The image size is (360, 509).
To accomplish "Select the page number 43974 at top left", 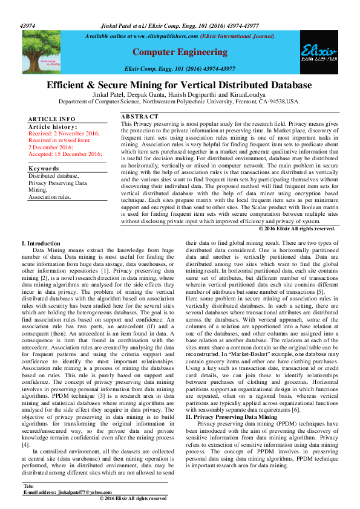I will pyautogui.click(x=28, y=26).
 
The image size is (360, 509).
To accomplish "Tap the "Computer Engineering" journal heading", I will pyautogui.click(x=179, y=53).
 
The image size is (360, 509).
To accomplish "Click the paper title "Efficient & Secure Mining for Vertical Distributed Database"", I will pyautogui.click(x=180, y=85).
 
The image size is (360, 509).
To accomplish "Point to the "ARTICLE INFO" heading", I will pyautogui.click(x=52, y=119).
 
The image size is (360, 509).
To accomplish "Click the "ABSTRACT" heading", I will pyautogui.click(x=140, y=116).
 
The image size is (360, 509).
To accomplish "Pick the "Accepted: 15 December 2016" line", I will pyautogui.click(x=65, y=154).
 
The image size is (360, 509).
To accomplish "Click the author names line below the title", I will pyautogui.click(x=180, y=96).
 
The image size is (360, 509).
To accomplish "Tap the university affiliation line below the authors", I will pyautogui.click(x=180, y=102).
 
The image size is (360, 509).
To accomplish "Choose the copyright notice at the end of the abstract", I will pyautogui.click(x=296, y=229).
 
